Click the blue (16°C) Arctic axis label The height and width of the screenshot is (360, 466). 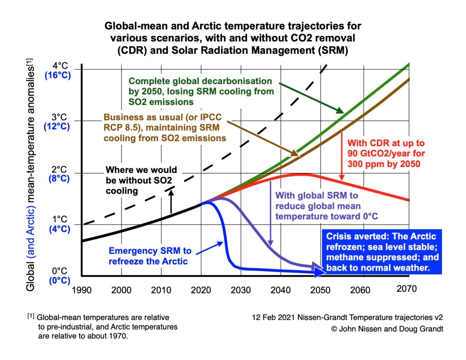coord(57,75)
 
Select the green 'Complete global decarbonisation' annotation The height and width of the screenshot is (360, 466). coord(201,91)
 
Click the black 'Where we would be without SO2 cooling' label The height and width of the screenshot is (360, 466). coord(141,181)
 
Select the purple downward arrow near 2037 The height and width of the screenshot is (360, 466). coord(271,214)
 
